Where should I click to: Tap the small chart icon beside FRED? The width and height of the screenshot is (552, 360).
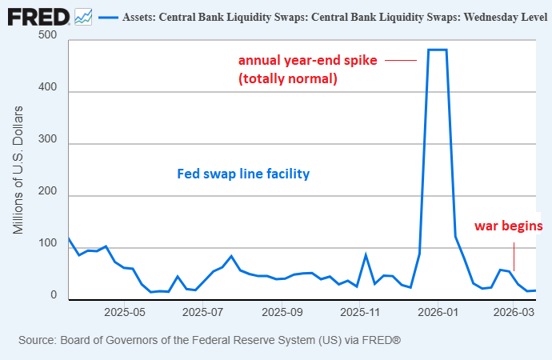(83, 16)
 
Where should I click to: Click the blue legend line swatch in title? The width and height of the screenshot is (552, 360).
(107, 17)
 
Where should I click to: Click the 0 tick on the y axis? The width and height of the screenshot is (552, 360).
(54, 295)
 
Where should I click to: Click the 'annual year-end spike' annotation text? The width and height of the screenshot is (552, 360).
(307, 61)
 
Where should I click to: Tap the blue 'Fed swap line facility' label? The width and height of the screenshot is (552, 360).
(243, 174)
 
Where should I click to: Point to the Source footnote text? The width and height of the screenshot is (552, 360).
(210, 341)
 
